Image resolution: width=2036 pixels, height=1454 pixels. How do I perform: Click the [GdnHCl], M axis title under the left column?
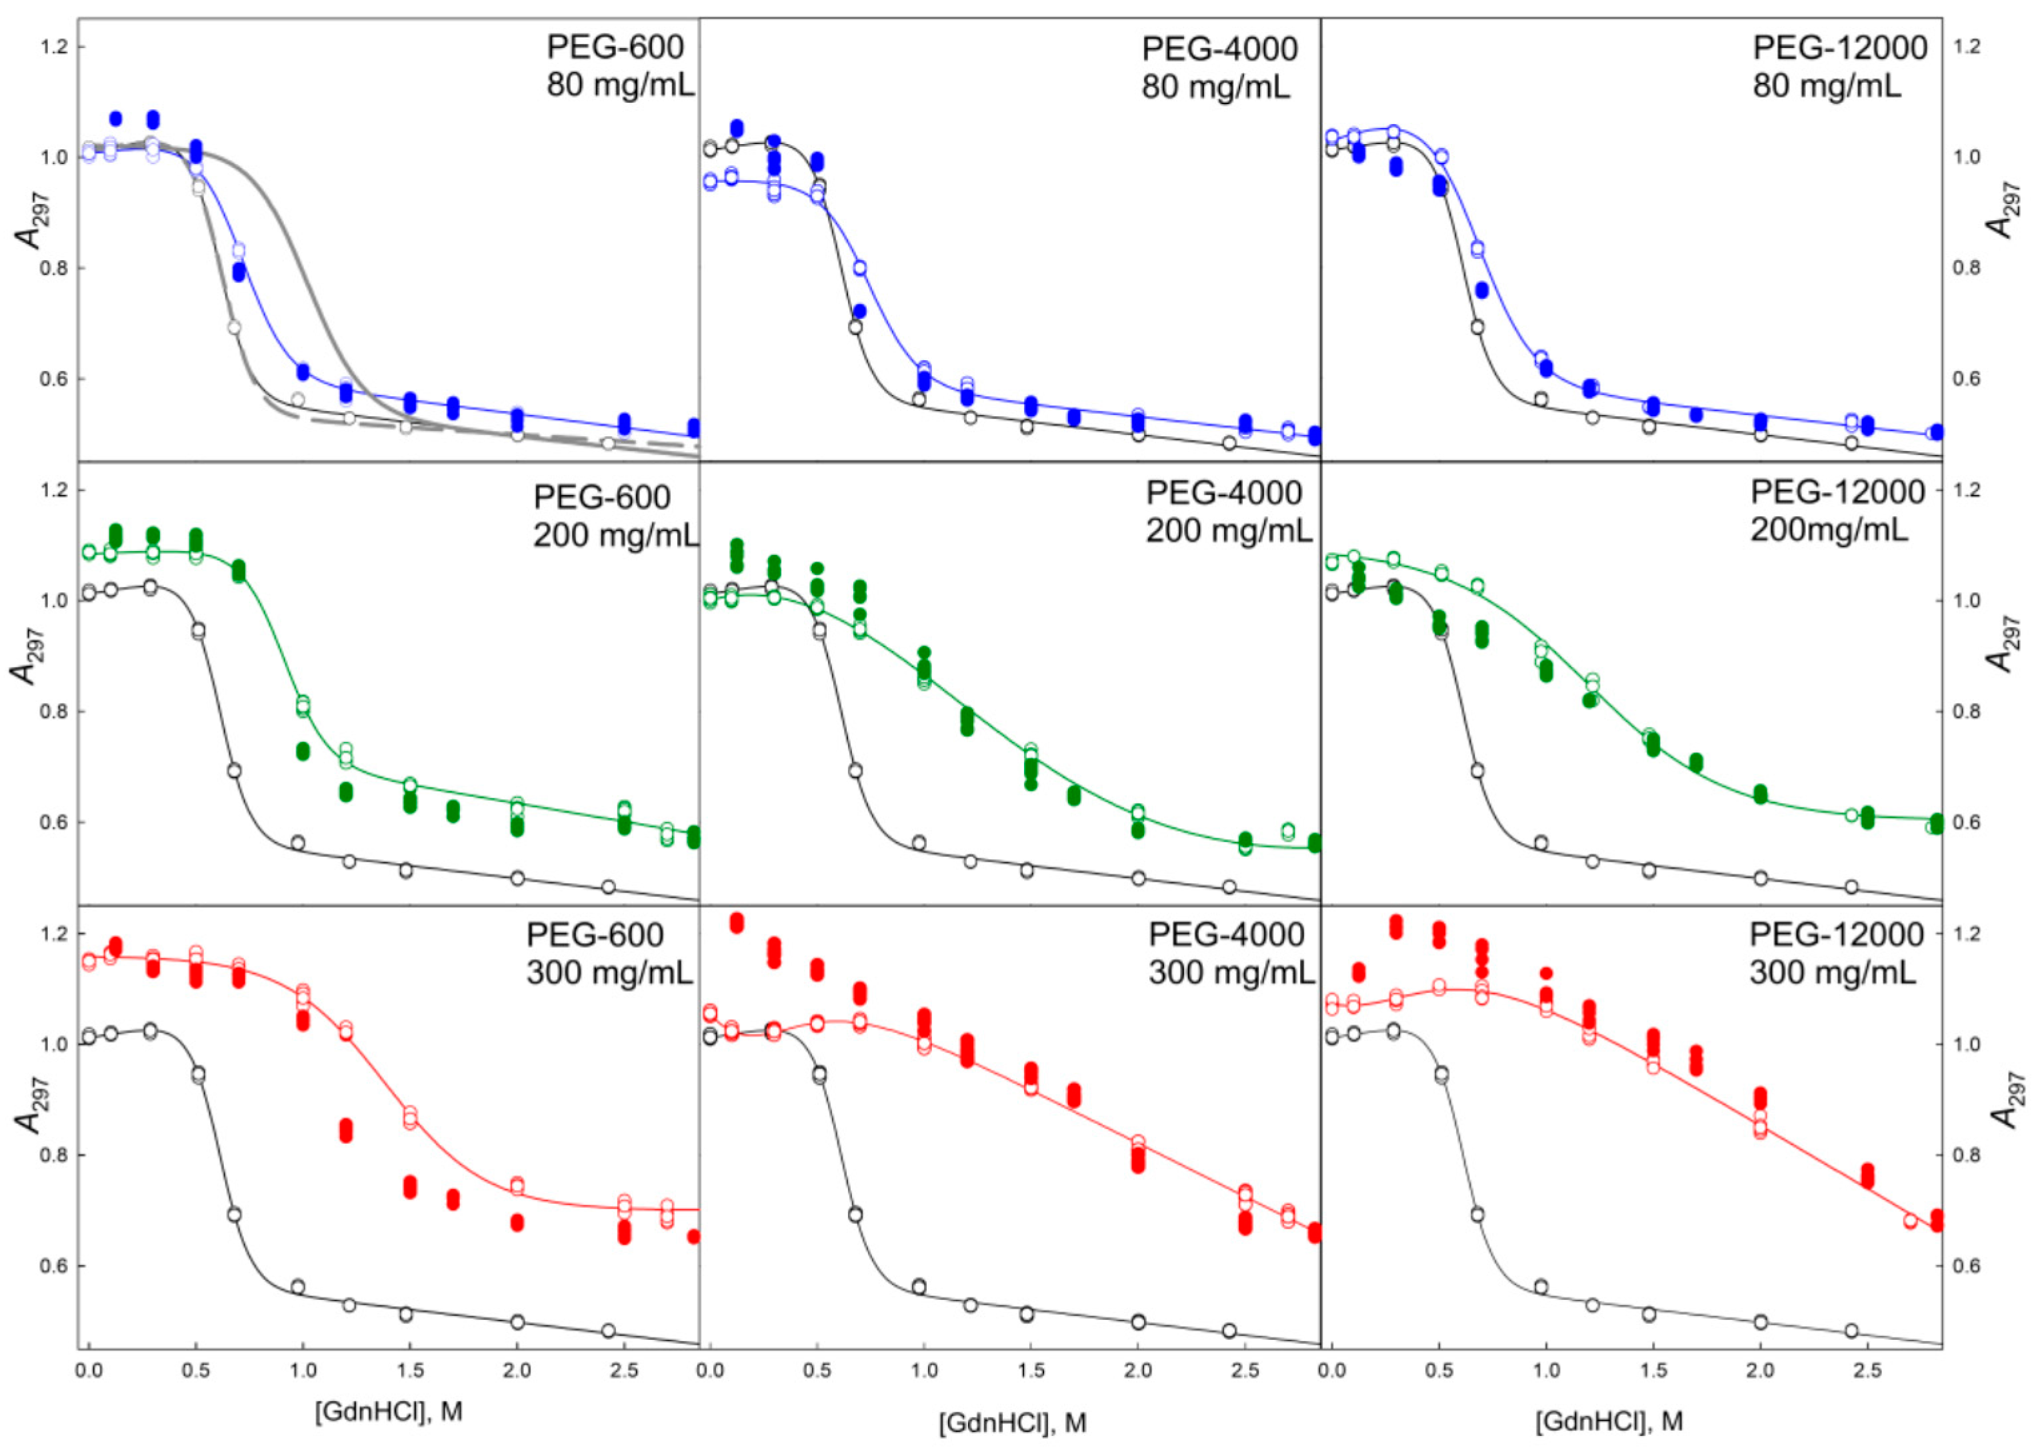389,1411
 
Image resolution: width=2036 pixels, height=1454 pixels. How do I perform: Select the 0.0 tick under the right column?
1332,1371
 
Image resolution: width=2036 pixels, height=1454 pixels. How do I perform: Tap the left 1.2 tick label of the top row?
55,47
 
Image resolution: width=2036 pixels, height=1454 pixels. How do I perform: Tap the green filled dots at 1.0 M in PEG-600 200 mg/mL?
303,750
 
